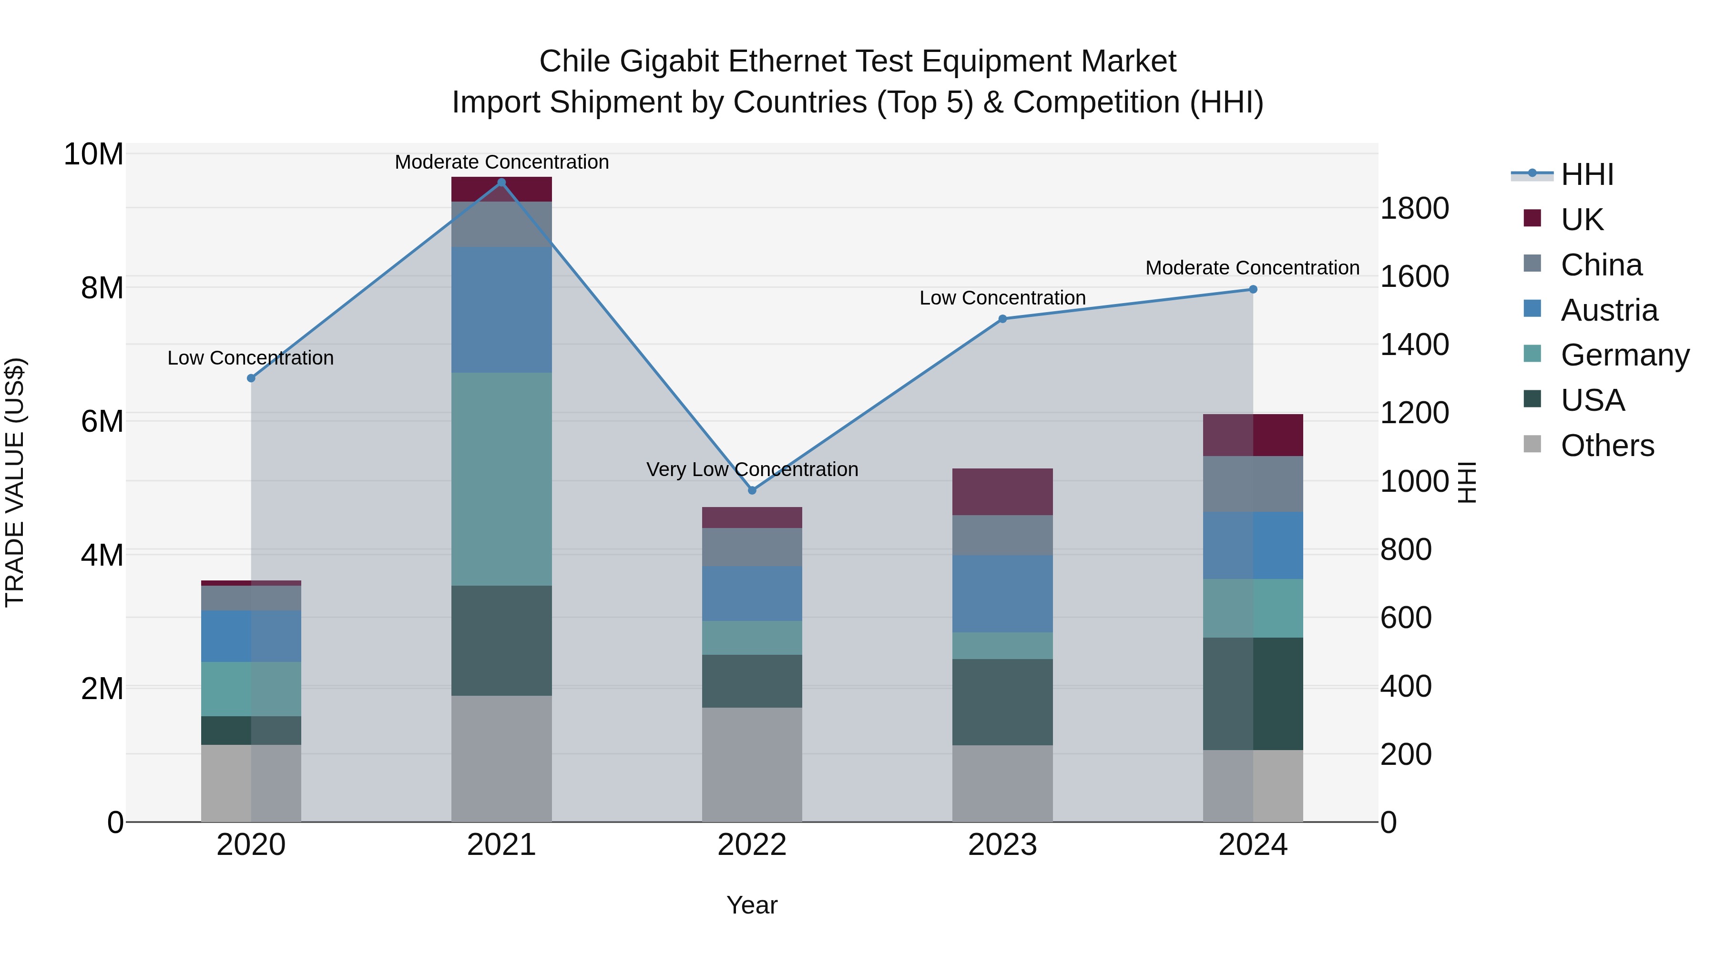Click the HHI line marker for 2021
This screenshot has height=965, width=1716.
tap(501, 183)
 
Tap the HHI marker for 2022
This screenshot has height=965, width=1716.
tap(752, 490)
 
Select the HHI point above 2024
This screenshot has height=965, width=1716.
tap(1253, 289)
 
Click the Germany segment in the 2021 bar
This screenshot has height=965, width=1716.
tap(501, 479)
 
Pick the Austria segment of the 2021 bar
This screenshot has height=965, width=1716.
tap(501, 310)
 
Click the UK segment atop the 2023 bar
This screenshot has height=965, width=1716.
tap(1002, 491)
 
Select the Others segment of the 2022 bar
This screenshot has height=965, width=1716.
tap(752, 764)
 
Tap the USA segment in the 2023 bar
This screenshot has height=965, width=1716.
tap(1002, 702)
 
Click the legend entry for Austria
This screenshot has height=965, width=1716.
tap(1609, 310)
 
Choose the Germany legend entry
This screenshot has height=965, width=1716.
tap(1624, 355)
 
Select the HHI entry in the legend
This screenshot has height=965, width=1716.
tap(1587, 174)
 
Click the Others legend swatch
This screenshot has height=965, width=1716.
tap(1532, 444)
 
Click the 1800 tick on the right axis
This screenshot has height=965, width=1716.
tap(1414, 208)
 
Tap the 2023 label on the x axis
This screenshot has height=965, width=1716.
tap(1002, 845)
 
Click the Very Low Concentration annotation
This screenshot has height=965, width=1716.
tap(752, 469)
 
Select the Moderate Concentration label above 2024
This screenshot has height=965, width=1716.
tap(1252, 268)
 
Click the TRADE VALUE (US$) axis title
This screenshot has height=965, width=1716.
tap(15, 482)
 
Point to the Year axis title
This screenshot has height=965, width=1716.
tap(752, 905)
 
